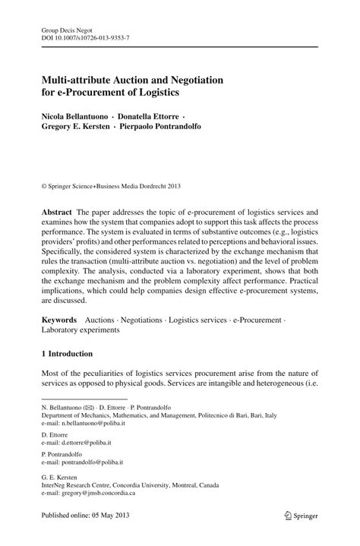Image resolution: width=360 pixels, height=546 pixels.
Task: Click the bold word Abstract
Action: (58, 213)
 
